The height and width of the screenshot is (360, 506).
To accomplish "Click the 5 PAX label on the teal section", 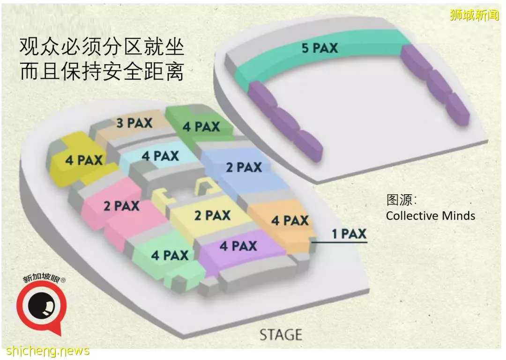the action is click(x=320, y=48).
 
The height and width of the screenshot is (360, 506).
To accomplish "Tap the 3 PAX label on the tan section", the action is click(x=134, y=123).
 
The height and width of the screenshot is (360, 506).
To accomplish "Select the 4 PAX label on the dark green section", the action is click(x=201, y=127).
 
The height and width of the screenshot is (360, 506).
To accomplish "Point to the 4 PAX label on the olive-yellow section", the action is click(x=84, y=160).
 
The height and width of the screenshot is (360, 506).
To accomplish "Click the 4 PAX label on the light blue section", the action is click(x=160, y=156).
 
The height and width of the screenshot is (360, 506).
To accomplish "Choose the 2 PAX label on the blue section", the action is click(x=244, y=168).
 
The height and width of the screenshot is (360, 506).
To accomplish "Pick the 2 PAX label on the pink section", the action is click(x=121, y=206).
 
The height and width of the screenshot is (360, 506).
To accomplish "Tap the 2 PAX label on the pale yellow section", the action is click(x=212, y=215).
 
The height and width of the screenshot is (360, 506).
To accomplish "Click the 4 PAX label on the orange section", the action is click(x=290, y=220).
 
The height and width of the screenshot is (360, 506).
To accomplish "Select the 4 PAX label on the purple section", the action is click(x=238, y=246).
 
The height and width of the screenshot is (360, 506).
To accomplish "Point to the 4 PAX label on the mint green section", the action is click(x=170, y=256).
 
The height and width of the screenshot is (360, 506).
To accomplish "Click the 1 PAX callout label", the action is click(x=349, y=234).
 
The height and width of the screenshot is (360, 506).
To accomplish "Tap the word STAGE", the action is click(x=281, y=335).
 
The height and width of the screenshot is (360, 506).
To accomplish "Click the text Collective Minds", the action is click(x=431, y=215).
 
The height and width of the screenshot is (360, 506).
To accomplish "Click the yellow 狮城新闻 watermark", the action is click(x=474, y=15).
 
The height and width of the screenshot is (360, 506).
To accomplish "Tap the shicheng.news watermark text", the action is click(x=48, y=351).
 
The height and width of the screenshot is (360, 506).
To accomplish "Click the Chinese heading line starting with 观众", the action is click(x=102, y=47).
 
